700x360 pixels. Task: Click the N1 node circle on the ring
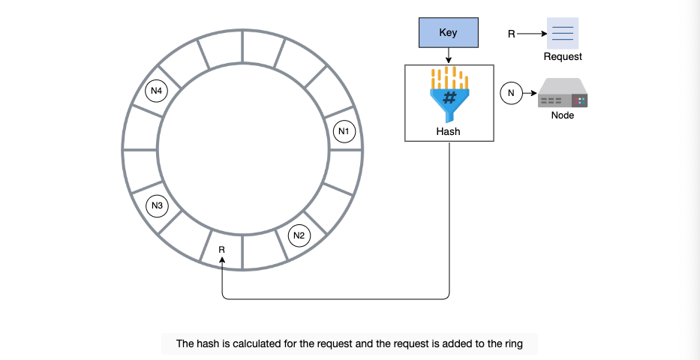(344, 131)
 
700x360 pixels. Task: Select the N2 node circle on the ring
(299, 236)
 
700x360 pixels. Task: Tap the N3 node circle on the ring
(157, 206)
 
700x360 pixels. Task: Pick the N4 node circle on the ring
(156, 91)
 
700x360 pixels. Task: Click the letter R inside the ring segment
(222, 250)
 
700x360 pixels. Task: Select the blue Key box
(448, 32)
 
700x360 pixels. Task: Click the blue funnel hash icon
(449, 94)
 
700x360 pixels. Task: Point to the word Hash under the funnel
(448, 131)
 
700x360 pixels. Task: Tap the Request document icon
(563, 34)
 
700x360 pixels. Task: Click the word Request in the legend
(563, 57)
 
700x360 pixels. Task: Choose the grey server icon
(563, 93)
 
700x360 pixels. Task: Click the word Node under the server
(563, 115)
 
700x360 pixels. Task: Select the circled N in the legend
(511, 93)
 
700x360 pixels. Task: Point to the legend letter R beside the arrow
(512, 34)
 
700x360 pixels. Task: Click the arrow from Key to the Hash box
(449, 55)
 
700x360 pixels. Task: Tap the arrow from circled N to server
(530, 93)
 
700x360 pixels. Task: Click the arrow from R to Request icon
(532, 34)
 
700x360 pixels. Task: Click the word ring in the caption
(513, 344)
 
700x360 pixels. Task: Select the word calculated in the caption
(258, 344)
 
